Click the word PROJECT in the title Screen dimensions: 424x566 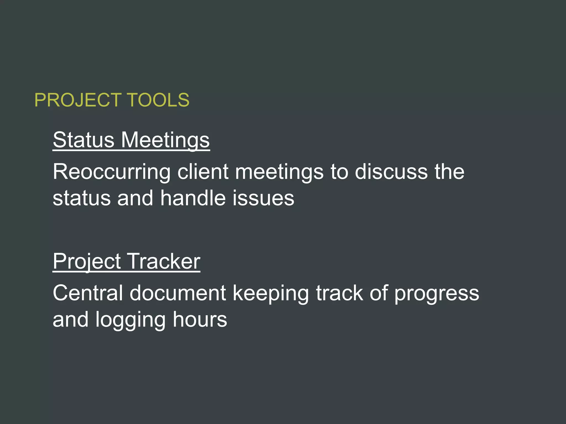(78, 100)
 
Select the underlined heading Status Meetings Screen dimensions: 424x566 (131, 140)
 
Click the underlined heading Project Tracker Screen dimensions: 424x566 (126, 261)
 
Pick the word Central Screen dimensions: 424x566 (88, 293)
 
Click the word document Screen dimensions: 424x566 (178, 293)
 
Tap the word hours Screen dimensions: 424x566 (200, 320)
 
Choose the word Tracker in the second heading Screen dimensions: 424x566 (164, 261)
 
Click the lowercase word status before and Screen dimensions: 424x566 (82, 198)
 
